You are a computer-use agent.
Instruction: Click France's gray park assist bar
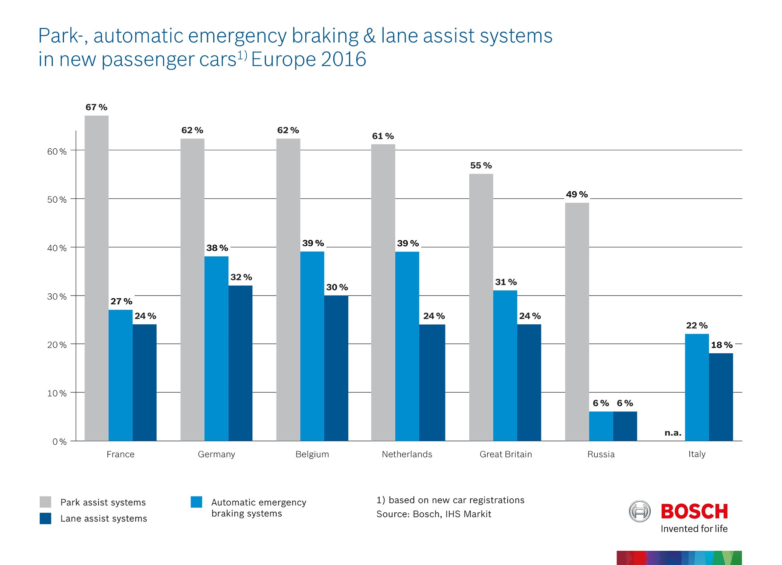(96, 278)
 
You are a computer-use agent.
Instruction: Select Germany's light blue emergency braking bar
(216, 348)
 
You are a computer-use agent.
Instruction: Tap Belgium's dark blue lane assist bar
(336, 368)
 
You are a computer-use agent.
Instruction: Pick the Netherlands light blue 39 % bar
(407, 346)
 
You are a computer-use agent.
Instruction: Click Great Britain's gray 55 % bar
(481, 307)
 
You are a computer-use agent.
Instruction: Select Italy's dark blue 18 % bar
(721, 397)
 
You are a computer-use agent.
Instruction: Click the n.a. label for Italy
(673, 433)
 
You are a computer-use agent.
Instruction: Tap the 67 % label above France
(96, 107)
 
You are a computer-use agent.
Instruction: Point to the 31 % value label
(506, 282)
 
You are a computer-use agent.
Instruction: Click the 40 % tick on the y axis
(57, 248)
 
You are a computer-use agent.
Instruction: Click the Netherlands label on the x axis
(407, 454)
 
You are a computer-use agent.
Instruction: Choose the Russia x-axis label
(601, 454)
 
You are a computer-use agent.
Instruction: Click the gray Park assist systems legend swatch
(45, 502)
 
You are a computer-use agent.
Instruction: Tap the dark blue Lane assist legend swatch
(45, 518)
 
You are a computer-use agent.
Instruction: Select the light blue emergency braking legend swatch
(196, 502)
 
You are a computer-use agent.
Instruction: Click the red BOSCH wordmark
(694, 511)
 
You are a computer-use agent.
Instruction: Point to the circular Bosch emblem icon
(640, 511)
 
